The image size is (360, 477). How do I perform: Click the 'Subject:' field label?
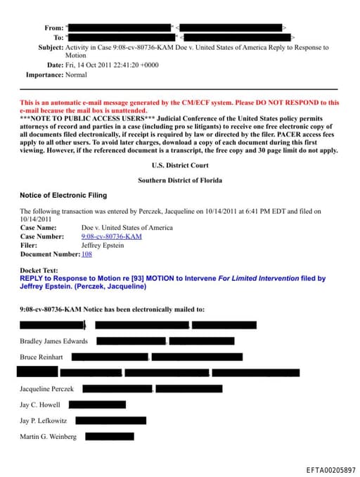click(x=50, y=47)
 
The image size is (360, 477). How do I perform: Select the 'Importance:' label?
click(x=44, y=74)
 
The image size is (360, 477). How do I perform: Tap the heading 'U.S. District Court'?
click(x=179, y=165)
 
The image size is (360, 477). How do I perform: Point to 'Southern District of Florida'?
click(x=179, y=180)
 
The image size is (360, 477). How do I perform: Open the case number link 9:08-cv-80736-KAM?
click(x=111, y=236)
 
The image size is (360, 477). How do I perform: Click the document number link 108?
click(x=86, y=254)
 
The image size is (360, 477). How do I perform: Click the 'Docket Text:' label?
click(x=40, y=270)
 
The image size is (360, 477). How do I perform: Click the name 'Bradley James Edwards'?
click(x=54, y=341)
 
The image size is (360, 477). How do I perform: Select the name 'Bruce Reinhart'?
click(x=42, y=357)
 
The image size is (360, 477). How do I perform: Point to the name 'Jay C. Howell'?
click(x=40, y=405)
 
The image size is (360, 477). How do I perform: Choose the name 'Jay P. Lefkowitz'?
click(x=44, y=421)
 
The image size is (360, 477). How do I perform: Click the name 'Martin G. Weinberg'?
click(x=48, y=437)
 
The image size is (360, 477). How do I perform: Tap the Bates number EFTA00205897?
click(x=330, y=469)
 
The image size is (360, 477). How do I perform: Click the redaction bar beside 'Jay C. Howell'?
click(x=98, y=405)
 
